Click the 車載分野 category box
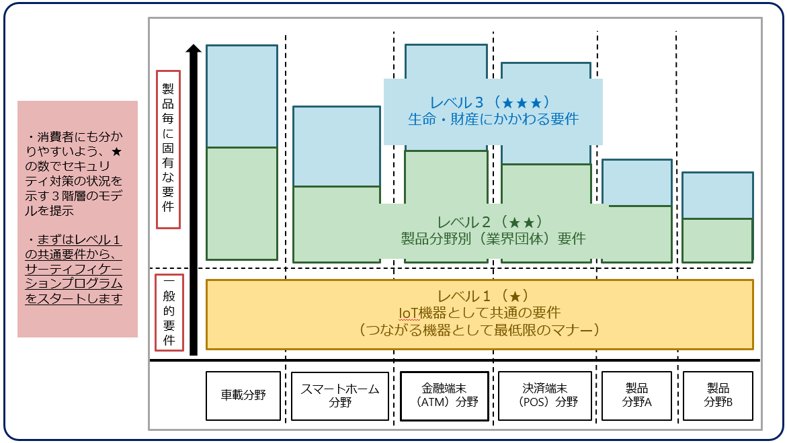(243, 395)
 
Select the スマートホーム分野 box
(340, 395)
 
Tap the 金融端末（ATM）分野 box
(444, 395)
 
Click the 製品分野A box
(636, 395)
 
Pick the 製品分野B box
(718, 395)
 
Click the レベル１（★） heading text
(479, 296)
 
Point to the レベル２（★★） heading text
(493, 223)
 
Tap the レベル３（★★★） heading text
(493, 103)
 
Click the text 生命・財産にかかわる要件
(493, 120)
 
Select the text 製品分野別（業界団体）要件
(493, 239)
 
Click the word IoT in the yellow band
(412, 313)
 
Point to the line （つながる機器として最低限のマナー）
(479, 330)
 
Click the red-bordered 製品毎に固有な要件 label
(168, 149)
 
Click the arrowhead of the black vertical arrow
(194, 49)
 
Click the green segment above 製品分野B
(718, 240)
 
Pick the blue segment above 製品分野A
(636, 182)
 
